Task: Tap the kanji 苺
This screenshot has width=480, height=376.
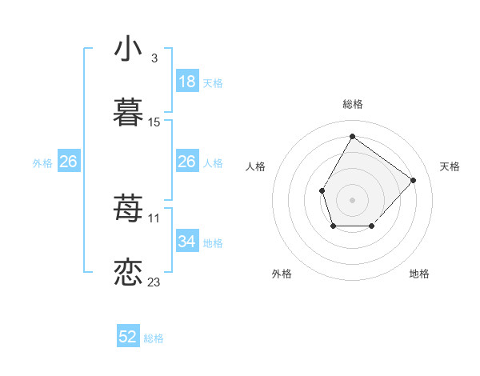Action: coord(129,210)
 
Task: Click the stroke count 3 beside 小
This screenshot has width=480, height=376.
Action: coord(154,58)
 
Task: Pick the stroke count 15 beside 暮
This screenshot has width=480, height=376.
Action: coord(154,122)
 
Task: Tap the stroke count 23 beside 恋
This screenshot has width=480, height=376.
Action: coord(154,282)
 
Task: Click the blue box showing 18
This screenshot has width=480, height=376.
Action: coord(186,82)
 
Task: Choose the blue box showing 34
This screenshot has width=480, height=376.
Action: coord(186,242)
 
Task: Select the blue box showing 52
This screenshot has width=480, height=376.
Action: coord(128,338)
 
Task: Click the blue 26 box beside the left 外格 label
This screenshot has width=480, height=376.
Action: coord(68,162)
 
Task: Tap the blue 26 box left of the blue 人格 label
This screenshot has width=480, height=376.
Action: coord(186,162)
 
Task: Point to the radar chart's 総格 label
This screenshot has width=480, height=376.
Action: coord(352,104)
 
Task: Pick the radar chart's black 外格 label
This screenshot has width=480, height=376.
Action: coord(282,274)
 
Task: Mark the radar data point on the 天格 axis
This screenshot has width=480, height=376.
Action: coord(413,180)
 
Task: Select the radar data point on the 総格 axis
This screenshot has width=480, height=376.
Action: coord(352,136)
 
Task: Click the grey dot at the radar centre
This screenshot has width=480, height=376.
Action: coord(352,199)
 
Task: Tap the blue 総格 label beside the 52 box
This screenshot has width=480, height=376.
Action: coord(154,338)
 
